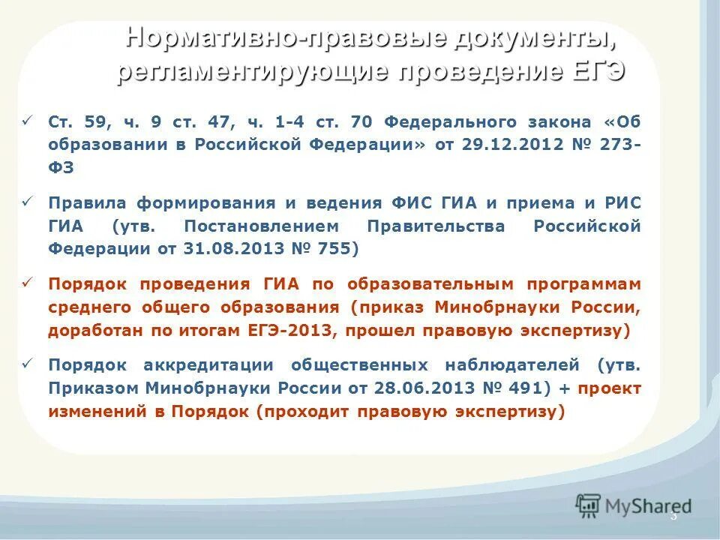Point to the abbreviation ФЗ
61,167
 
